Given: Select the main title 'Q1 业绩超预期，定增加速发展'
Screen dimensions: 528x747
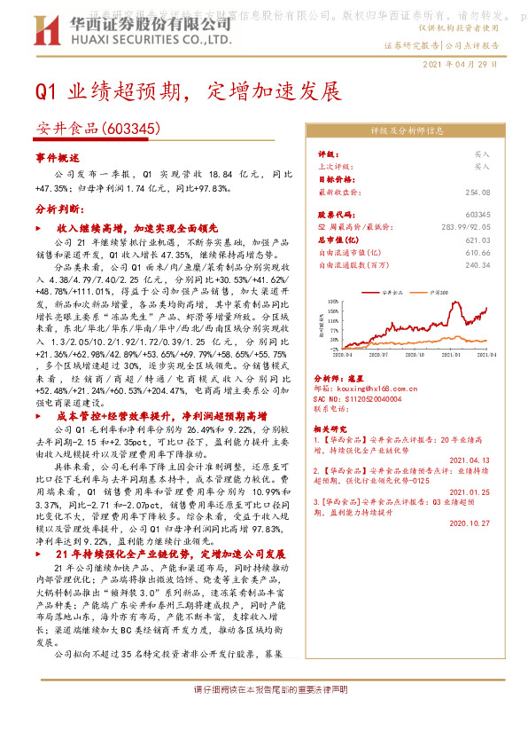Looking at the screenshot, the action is click(x=188, y=91).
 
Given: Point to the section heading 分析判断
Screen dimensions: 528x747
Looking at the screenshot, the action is click(x=59, y=209).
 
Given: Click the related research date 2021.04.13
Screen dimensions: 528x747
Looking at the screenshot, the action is click(x=470, y=460).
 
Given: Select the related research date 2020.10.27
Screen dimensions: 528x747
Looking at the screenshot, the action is click(x=470, y=523).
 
